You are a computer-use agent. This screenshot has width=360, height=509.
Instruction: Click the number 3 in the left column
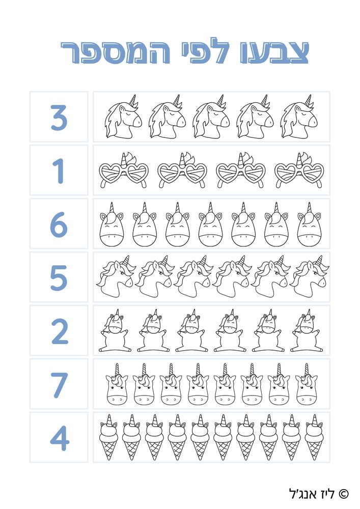tap(59, 117)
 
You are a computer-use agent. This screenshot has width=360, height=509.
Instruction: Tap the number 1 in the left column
tap(59, 171)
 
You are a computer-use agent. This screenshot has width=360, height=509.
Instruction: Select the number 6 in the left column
tap(59, 224)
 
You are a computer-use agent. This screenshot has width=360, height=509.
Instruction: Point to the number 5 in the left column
tap(59, 277)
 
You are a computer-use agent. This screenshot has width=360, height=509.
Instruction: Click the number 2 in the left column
tap(60, 331)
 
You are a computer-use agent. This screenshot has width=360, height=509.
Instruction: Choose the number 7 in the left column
tap(59, 384)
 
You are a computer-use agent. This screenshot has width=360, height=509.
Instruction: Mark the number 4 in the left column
tap(60, 438)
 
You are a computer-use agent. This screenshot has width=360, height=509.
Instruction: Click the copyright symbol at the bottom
tap(344, 494)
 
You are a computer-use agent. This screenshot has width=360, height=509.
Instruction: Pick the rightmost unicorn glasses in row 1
tap(299, 170)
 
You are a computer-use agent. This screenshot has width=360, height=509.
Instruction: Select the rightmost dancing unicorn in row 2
tap(307, 330)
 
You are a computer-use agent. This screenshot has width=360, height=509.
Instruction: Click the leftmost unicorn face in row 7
tap(117, 384)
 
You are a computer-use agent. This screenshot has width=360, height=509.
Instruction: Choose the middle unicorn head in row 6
tap(211, 224)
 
